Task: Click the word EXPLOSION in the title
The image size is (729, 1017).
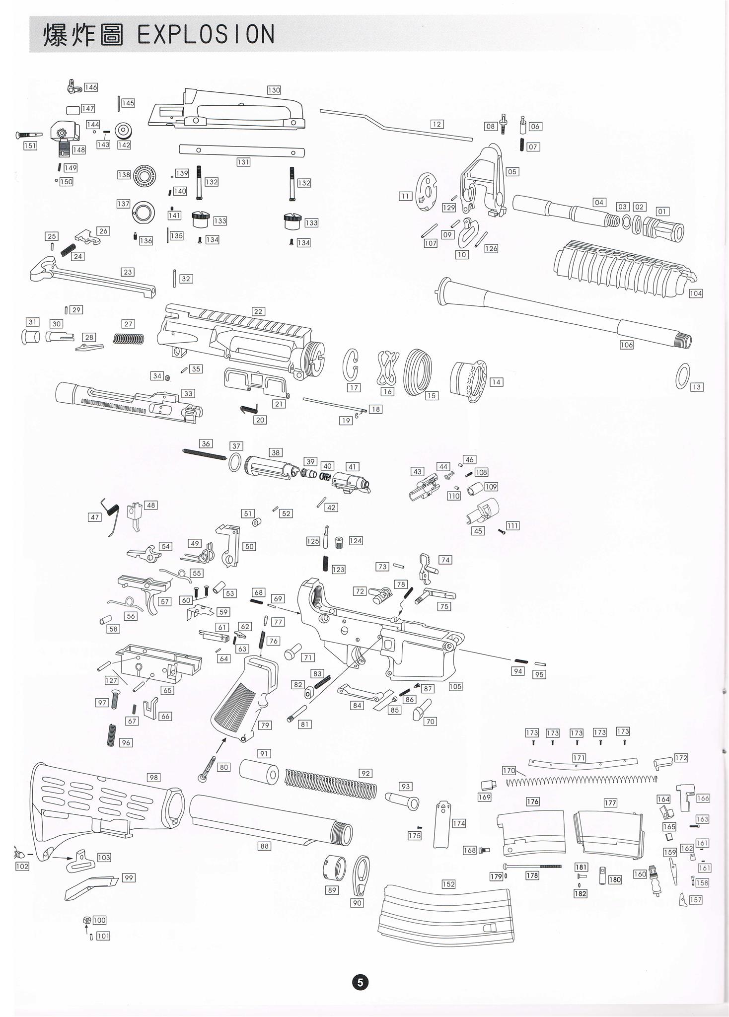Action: pos(206,35)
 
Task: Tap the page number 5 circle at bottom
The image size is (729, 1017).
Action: pos(360,982)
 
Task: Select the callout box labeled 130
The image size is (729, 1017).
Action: pos(274,90)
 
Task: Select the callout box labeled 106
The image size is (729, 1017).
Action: pos(626,345)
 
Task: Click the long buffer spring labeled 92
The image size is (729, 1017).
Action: pos(330,785)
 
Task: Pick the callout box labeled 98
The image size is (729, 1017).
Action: pos(153,777)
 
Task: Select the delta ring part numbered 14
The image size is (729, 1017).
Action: pos(468,382)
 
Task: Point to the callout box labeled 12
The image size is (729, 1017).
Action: pos(437,124)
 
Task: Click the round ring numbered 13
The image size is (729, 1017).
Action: pos(683,376)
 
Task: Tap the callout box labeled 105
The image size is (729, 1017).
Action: pos(455,686)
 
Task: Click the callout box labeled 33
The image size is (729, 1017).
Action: pos(188,393)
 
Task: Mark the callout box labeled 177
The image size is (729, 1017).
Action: pos(610,803)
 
